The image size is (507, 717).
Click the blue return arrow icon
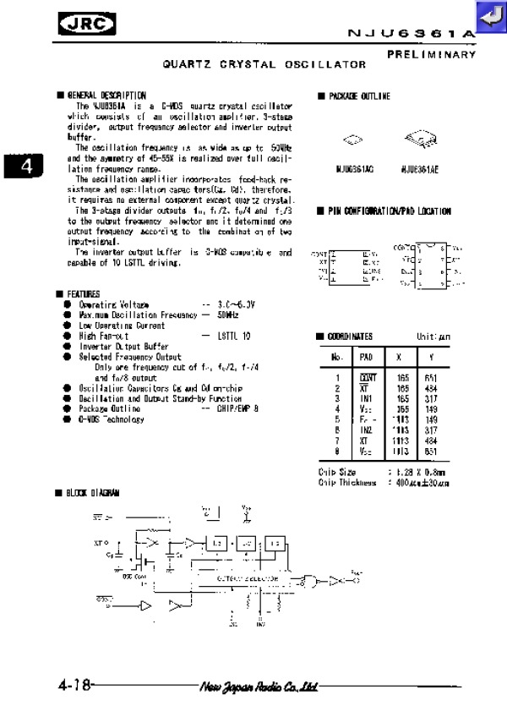click(x=488, y=16)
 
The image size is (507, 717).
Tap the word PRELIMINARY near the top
click(x=432, y=54)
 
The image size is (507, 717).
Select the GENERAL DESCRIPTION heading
click(x=105, y=96)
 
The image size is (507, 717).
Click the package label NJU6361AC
click(x=350, y=169)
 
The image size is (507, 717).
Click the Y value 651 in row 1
click(x=432, y=378)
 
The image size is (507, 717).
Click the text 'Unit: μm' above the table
click(x=432, y=337)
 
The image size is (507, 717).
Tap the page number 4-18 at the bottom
click(x=75, y=684)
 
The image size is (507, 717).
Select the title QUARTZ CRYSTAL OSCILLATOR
click(x=264, y=64)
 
